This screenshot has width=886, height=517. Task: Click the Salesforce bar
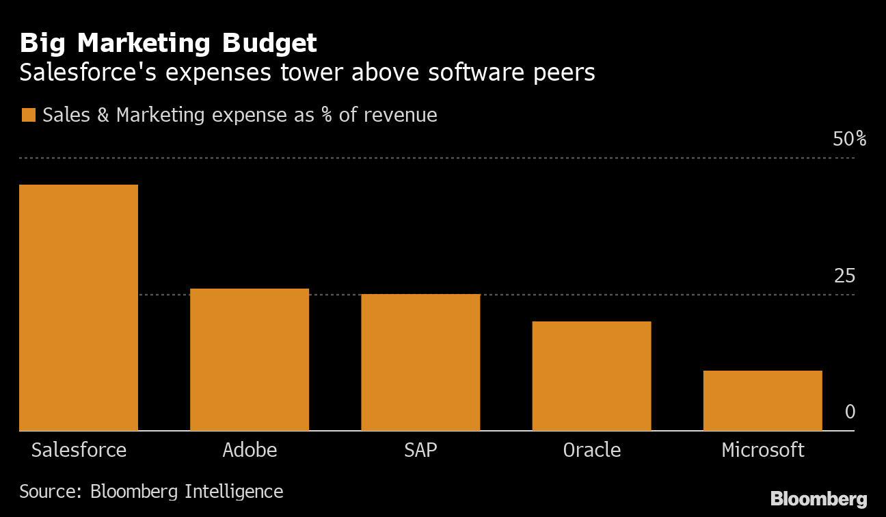[79, 307]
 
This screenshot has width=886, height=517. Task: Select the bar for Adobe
[250, 359]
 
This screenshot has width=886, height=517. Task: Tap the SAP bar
[420, 362]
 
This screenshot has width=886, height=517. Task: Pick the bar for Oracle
[591, 375]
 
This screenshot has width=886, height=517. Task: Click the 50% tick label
[849, 140]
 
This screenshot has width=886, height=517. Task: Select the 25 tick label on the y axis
[844, 276]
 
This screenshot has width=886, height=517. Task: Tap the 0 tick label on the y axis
[850, 412]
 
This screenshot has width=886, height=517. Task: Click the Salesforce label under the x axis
[79, 450]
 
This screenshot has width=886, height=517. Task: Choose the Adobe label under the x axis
[250, 450]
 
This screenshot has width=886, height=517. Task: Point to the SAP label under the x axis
[420, 450]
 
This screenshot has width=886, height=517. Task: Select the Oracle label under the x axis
[591, 450]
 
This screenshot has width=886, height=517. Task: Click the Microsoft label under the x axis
[762, 450]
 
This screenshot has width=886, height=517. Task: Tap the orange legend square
[28, 115]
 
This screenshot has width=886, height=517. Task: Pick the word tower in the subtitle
[310, 72]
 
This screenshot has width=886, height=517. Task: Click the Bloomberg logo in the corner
[818, 499]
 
